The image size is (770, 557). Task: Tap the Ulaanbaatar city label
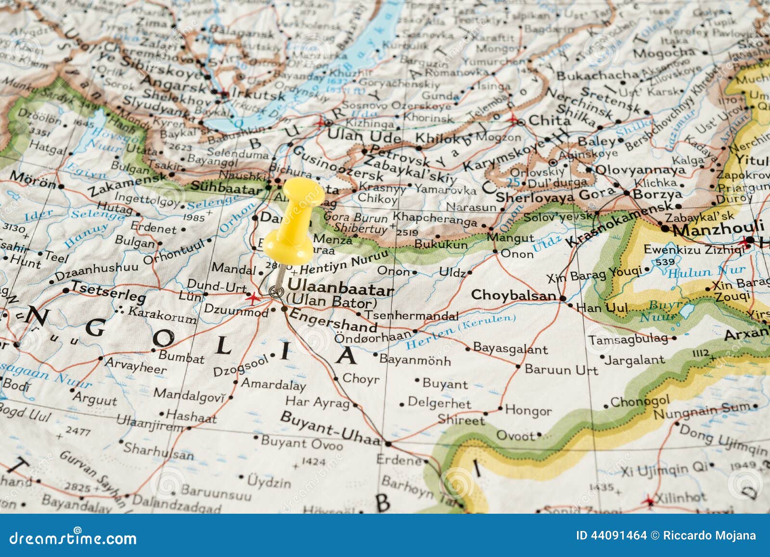tap(340, 290)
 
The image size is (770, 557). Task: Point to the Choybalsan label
tap(513, 295)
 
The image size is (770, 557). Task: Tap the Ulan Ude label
tap(364, 136)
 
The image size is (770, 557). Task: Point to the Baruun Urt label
tap(561, 370)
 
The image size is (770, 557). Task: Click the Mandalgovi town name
tap(189, 395)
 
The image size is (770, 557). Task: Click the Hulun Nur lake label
tap(706, 272)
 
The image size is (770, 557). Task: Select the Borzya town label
tap(657, 194)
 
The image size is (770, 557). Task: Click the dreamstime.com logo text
tap(73, 538)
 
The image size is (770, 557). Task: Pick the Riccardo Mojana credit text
tap(709, 536)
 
